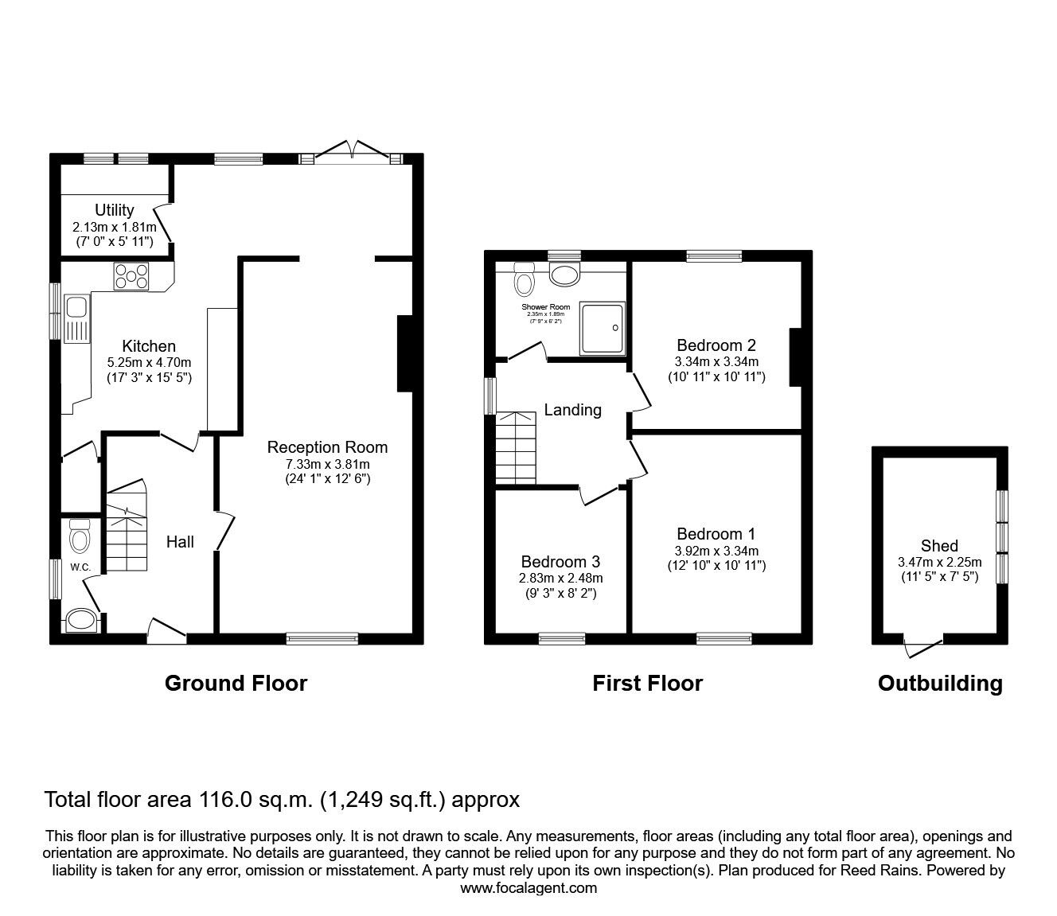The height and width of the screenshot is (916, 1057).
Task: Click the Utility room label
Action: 115,210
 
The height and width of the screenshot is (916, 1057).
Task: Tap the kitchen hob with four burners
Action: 131,275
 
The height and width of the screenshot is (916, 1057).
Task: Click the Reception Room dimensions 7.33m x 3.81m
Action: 327,464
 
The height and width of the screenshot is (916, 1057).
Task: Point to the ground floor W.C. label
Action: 80,567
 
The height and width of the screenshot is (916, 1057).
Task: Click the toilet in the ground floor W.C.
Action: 80,537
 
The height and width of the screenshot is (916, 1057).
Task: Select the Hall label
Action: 180,542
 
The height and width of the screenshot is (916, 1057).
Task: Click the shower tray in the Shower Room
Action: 603,327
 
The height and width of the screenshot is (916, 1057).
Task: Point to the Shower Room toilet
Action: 525,279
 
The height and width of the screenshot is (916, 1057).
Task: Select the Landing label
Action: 572,410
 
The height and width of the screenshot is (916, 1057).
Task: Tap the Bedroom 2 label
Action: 716,345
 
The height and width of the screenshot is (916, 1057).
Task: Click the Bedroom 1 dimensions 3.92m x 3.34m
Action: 716,551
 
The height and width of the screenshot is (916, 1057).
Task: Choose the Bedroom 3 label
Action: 556,562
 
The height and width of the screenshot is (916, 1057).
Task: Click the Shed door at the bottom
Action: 923,646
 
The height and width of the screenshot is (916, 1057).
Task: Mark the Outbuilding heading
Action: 940,683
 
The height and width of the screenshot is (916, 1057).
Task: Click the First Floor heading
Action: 647,683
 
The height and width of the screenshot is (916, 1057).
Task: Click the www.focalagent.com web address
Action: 528,888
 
